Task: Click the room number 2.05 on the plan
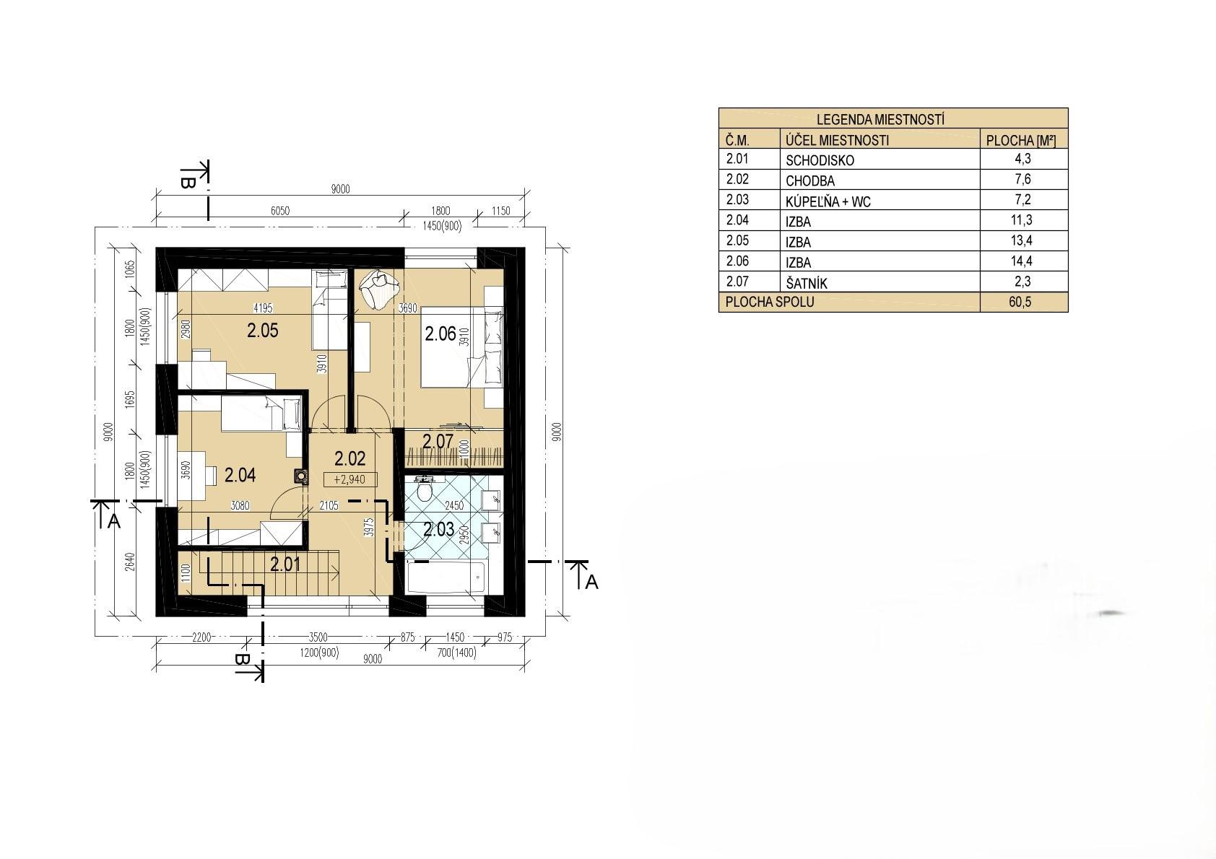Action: tap(263, 331)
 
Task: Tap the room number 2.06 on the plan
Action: tap(440, 333)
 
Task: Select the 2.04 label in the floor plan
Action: tap(240, 476)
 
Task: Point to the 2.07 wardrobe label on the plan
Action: tap(438, 441)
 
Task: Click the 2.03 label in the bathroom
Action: tap(438, 529)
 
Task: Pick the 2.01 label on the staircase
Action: tap(285, 565)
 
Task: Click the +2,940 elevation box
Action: tap(349, 480)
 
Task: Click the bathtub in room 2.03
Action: tap(446, 578)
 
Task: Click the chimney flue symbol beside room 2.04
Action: tap(300, 476)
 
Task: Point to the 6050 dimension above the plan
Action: tap(280, 211)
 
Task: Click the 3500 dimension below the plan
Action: tap(318, 637)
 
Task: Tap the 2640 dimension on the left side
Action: tap(129, 562)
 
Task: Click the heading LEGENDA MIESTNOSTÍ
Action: tap(880, 119)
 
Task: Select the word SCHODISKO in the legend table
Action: tap(820, 161)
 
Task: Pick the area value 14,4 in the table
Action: tap(1021, 261)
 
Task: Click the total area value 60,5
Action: tap(1020, 302)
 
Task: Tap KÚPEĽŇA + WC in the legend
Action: tap(828, 202)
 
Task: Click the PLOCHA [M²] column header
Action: tap(1021, 141)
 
